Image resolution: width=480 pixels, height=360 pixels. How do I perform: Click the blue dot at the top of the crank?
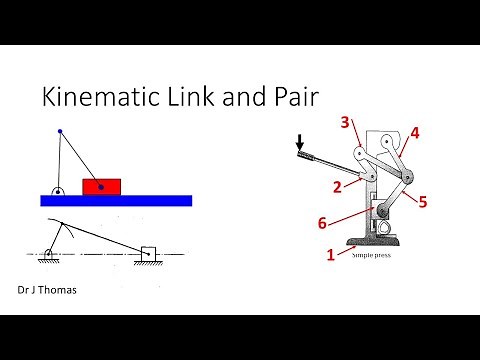pos(59,131)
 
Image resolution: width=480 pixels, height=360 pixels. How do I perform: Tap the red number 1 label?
pos(331,255)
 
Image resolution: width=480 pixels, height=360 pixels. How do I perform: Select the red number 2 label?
pos(339,187)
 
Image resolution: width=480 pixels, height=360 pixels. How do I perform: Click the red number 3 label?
pos(344,124)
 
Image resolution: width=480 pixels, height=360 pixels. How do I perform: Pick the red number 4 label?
pos(414,131)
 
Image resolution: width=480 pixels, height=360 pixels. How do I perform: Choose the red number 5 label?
pos(422,202)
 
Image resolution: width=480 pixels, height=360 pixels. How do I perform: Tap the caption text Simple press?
pos(373,255)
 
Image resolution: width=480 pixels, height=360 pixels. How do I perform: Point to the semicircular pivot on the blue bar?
pos(59,191)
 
